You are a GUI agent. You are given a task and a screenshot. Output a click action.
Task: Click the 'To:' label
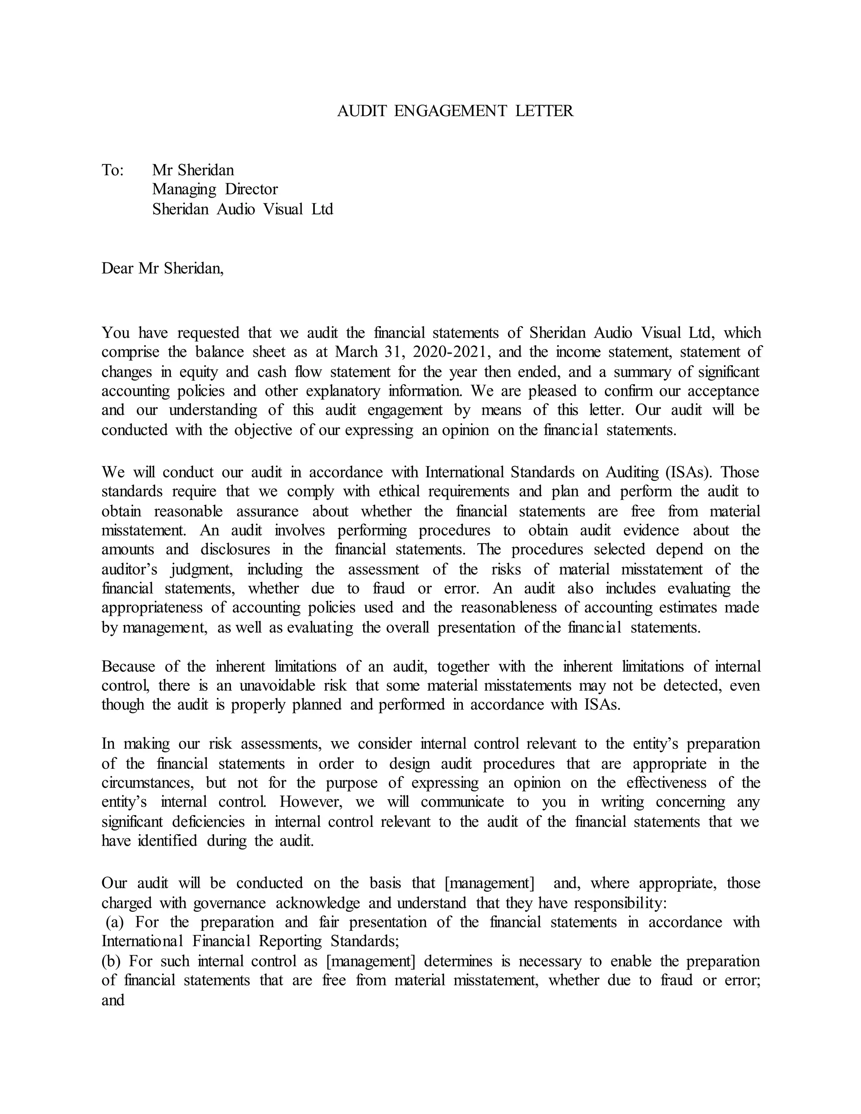pyautogui.click(x=113, y=170)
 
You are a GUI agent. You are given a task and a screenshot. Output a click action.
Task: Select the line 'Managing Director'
pyautogui.click(x=215, y=190)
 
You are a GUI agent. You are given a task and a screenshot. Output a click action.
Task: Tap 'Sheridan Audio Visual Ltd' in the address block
pyautogui.click(x=242, y=209)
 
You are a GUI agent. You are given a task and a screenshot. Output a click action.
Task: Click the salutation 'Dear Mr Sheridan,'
pyautogui.click(x=163, y=268)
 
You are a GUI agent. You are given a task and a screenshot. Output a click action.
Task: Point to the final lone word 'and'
pyautogui.click(x=113, y=1000)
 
